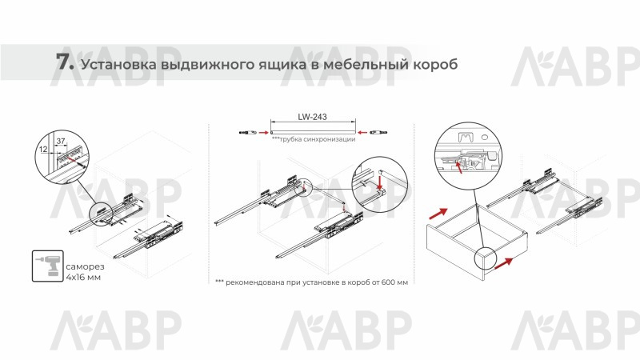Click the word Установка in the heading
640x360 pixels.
coord(118,65)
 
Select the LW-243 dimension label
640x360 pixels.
coord(312,117)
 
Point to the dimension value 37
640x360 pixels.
coord(61,142)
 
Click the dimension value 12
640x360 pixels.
coord(44,150)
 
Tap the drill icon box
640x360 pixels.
coord(48,266)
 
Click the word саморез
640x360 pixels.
coord(85,266)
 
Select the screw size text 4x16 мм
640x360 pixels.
coord(83,278)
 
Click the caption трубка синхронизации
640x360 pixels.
coord(314,139)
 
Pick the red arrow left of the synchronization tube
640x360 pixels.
coord(263,132)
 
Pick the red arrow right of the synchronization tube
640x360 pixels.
coord(362,132)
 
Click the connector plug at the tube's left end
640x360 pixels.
coord(247,132)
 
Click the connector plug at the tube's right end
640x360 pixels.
coord(378,132)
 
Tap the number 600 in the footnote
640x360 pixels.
coord(388,282)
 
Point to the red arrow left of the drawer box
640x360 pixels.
coord(438,214)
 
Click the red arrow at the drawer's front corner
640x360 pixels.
coord(504,264)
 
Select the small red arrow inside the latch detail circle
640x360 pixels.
coord(458,166)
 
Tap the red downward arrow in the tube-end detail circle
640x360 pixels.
coord(381,182)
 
